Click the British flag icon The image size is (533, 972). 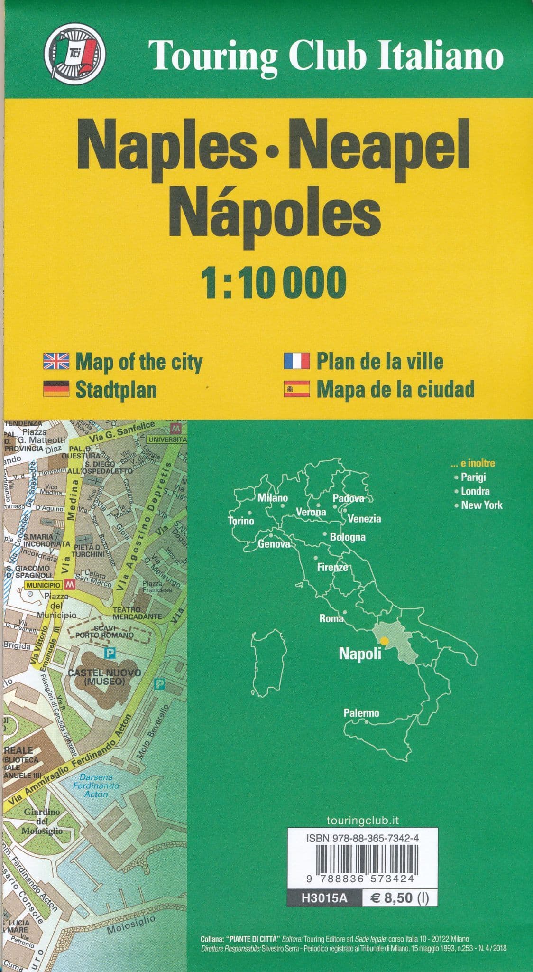coord(56,361)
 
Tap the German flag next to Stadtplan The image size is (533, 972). coord(56,389)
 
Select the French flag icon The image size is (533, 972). coord(297,361)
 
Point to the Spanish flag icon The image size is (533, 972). coord(297,389)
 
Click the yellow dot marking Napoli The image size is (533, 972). coord(384,641)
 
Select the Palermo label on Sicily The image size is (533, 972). coord(361,713)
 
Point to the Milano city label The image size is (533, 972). coord(273,498)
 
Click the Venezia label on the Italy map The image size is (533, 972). coord(364,519)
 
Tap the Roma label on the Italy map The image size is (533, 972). coord(331,618)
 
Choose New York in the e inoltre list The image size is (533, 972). coord(481,505)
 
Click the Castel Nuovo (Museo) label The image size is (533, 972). coord(104,677)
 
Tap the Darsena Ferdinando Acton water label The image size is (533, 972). coord(96,785)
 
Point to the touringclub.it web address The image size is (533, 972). coord(362,821)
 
